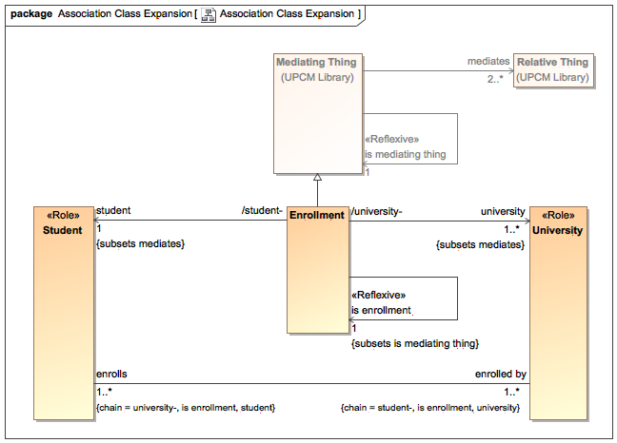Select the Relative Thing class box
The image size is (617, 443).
point(552,70)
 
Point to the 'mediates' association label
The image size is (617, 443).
point(488,62)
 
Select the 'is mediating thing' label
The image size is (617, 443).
point(405,154)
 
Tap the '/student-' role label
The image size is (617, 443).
point(264,211)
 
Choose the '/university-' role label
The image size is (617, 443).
point(377,211)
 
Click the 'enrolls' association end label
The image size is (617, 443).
point(111,375)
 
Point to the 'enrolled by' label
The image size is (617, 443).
point(501,375)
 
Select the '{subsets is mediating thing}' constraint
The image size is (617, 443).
point(414,342)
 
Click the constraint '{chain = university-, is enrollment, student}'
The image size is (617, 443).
point(186,407)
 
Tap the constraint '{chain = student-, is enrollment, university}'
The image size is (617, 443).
point(429,407)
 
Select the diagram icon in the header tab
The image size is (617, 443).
point(207,14)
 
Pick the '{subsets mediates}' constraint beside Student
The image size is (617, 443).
point(140,244)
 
